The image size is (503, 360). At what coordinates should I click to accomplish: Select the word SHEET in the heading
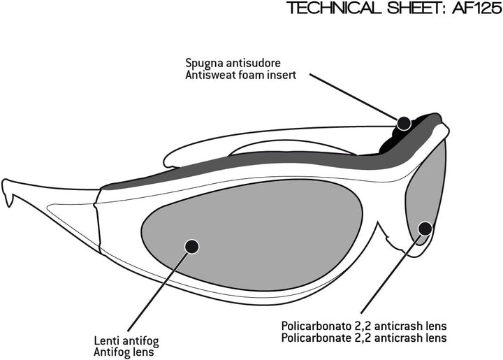click(402, 9)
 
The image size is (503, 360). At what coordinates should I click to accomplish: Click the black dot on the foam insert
click(403, 123)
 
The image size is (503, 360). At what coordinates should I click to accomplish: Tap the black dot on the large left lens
click(191, 245)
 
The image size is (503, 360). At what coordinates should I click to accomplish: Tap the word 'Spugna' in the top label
click(204, 61)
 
